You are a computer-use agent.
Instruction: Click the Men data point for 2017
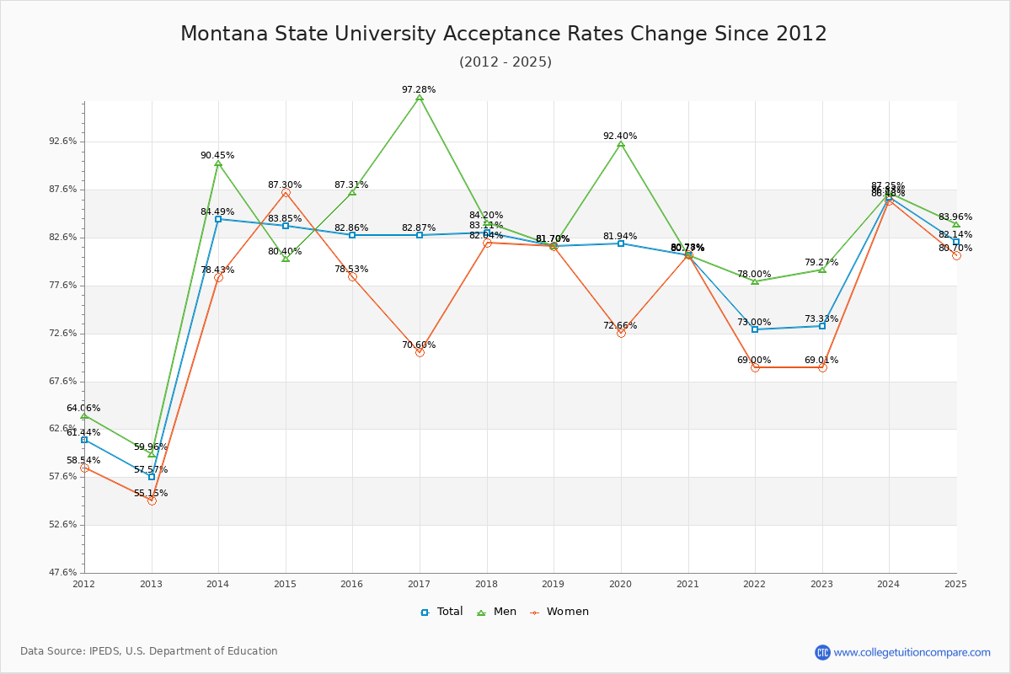(420, 98)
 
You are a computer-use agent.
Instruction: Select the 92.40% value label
(620, 136)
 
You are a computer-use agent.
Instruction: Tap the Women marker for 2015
(286, 193)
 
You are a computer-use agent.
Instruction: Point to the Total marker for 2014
(218, 219)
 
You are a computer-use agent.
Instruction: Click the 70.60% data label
(419, 345)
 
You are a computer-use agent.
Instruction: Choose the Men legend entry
(497, 612)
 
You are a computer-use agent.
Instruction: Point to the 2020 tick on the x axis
(620, 583)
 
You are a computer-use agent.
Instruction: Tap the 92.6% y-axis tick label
(65, 142)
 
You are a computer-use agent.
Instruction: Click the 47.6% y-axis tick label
(65, 573)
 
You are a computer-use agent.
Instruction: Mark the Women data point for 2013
(152, 500)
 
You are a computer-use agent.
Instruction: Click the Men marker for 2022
(755, 281)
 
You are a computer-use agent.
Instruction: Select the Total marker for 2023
(822, 326)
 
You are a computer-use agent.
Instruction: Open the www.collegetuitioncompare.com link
(912, 652)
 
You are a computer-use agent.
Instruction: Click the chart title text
(504, 34)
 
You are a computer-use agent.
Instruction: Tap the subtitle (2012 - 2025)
(505, 62)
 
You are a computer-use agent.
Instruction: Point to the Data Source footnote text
(149, 651)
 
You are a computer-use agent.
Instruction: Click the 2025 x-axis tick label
(955, 583)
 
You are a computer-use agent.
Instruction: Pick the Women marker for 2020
(621, 333)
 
